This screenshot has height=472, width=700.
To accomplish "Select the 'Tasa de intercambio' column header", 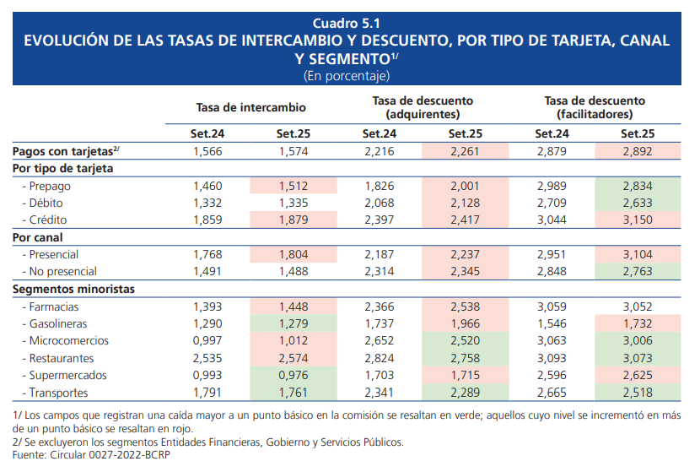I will click(250, 107).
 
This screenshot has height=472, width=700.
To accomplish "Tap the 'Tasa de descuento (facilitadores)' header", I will click(595, 107).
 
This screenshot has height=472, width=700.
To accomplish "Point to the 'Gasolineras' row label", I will click(57, 323).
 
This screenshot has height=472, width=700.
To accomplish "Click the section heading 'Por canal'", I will click(38, 237).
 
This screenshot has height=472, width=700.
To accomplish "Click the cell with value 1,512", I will click(293, 186).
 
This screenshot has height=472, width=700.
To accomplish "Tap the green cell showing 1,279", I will click(293, 323).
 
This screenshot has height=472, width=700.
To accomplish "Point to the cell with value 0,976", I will click(293, 375).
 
